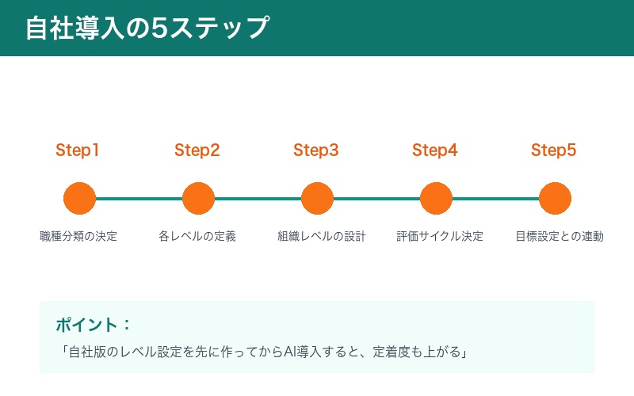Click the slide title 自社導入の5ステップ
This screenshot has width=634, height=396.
point(147,28)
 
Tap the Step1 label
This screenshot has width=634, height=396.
point(78,150)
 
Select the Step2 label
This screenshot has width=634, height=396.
point(197,150)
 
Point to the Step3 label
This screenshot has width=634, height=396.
point(315,150)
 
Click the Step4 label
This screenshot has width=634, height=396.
point(434,150)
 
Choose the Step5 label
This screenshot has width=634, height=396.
point(553,150)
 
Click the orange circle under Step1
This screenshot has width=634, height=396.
point(79,198)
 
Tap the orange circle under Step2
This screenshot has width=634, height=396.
point(198,198)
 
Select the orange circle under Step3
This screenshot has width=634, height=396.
point(317,198)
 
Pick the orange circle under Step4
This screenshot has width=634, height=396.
point(436,198)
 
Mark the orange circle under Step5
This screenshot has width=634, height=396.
point(555,198)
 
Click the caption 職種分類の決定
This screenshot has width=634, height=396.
point(78,236)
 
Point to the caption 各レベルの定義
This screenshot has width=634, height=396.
point(197,236)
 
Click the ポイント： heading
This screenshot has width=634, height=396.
point(93,325)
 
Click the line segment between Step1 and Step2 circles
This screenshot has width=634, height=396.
point(139,198)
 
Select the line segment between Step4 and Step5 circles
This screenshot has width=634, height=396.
point(495,198)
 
